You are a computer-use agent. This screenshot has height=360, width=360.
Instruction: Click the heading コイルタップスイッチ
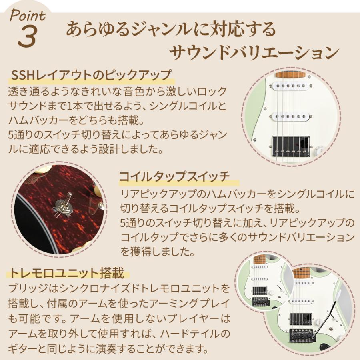174,176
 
